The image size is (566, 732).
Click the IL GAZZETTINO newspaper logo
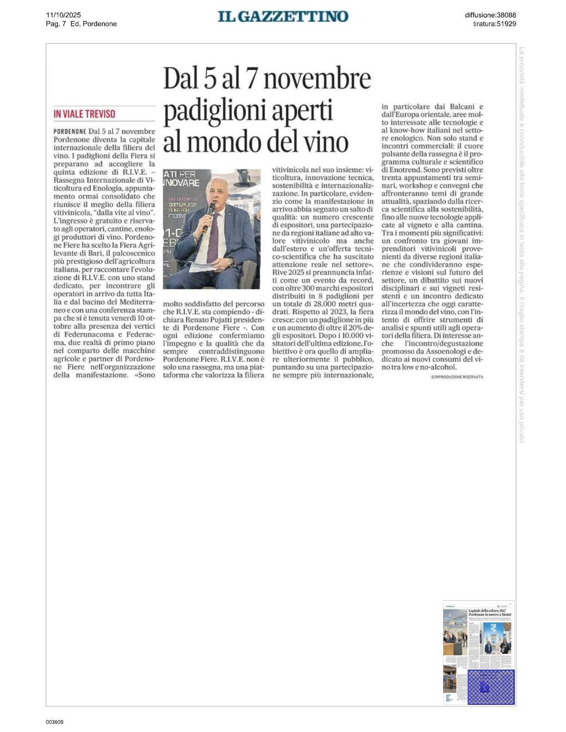283,17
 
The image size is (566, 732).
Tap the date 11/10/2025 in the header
63,15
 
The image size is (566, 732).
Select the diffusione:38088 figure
490,15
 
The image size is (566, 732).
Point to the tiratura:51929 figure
494,24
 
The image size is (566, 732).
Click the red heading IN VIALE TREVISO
84,114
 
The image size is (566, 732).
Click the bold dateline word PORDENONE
70,131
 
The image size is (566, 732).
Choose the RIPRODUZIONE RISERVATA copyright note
457,377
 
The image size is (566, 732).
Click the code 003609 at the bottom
55,722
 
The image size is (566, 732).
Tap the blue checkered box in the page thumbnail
491,687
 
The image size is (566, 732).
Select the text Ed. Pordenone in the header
93,24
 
